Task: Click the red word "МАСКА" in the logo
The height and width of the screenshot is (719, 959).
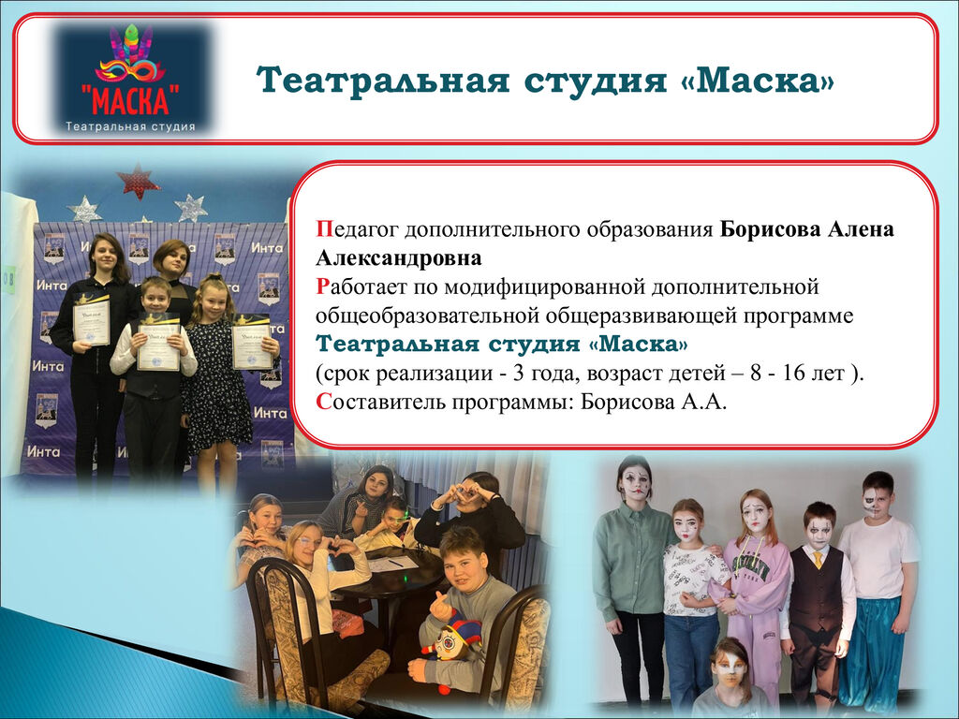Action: click(130, 99)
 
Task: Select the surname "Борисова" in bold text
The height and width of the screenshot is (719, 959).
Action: click(770, 228)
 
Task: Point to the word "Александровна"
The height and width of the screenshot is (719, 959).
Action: click(399, 257)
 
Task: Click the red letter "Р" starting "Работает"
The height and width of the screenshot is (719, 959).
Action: click(322, 286)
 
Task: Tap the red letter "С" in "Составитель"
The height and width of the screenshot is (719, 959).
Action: click(323, 402)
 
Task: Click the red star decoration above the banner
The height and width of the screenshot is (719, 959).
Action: click(138, 181)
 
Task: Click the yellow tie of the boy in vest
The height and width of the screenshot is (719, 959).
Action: click(818, 560)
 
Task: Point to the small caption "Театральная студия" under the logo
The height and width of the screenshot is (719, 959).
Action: click(130, 126)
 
